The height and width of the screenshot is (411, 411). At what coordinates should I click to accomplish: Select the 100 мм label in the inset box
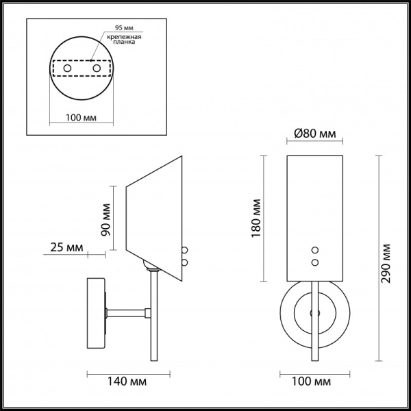coord(80,118)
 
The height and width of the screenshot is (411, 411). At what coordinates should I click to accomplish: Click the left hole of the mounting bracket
coord(67,69)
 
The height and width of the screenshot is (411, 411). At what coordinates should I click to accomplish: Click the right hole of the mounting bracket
coord(97,69)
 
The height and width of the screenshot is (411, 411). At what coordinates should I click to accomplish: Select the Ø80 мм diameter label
coord(314,134)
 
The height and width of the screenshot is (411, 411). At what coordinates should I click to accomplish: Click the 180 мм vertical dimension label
coord(256,218)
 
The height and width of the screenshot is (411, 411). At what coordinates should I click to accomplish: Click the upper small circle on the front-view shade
coord(316,251)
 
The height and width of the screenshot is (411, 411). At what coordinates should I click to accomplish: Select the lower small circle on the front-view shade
coord(316,262)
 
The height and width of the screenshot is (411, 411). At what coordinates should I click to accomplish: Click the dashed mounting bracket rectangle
coord(82,69)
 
